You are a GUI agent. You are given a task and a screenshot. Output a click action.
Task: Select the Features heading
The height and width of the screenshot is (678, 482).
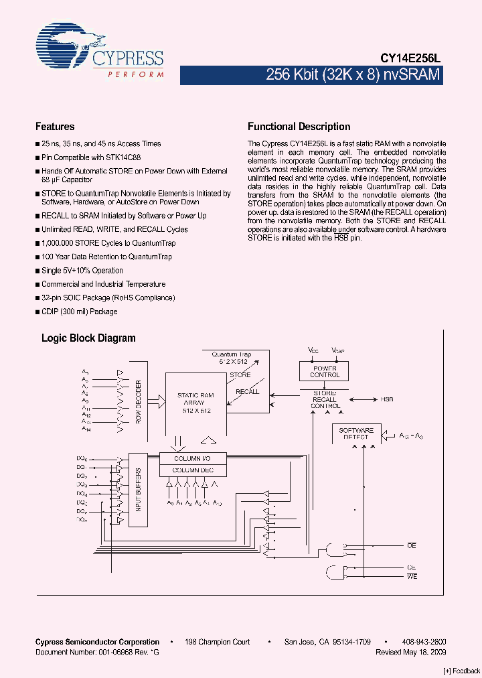click(55, 127)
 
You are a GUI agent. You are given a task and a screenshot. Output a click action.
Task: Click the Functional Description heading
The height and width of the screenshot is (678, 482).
click(299, 127)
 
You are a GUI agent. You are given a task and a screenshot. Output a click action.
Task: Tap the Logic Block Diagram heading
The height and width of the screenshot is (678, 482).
click(88, 338)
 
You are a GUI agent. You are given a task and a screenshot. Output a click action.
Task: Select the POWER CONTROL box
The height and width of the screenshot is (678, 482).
click(325, 371)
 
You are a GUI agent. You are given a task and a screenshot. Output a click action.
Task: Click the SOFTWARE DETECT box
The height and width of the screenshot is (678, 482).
click(355, 433)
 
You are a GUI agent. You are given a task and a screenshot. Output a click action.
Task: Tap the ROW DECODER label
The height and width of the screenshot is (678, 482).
click(139, 401)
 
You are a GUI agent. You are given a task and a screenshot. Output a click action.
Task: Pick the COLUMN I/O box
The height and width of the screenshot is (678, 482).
click(193, 458)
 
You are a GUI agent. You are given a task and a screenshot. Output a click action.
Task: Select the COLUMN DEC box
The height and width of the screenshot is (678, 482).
click(193, 470)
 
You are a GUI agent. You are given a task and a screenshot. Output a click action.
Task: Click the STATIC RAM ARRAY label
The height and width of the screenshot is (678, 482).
click(195, 403)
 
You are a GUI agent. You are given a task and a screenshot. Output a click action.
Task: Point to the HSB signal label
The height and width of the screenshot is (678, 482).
click(387, 399)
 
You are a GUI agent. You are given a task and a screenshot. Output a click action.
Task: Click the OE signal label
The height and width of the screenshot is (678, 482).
click(412, 546)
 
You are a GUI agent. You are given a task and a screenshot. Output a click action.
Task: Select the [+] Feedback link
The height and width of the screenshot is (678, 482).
click(461, 671)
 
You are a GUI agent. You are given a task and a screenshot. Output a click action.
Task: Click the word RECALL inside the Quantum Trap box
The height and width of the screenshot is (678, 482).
click(247, 391)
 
